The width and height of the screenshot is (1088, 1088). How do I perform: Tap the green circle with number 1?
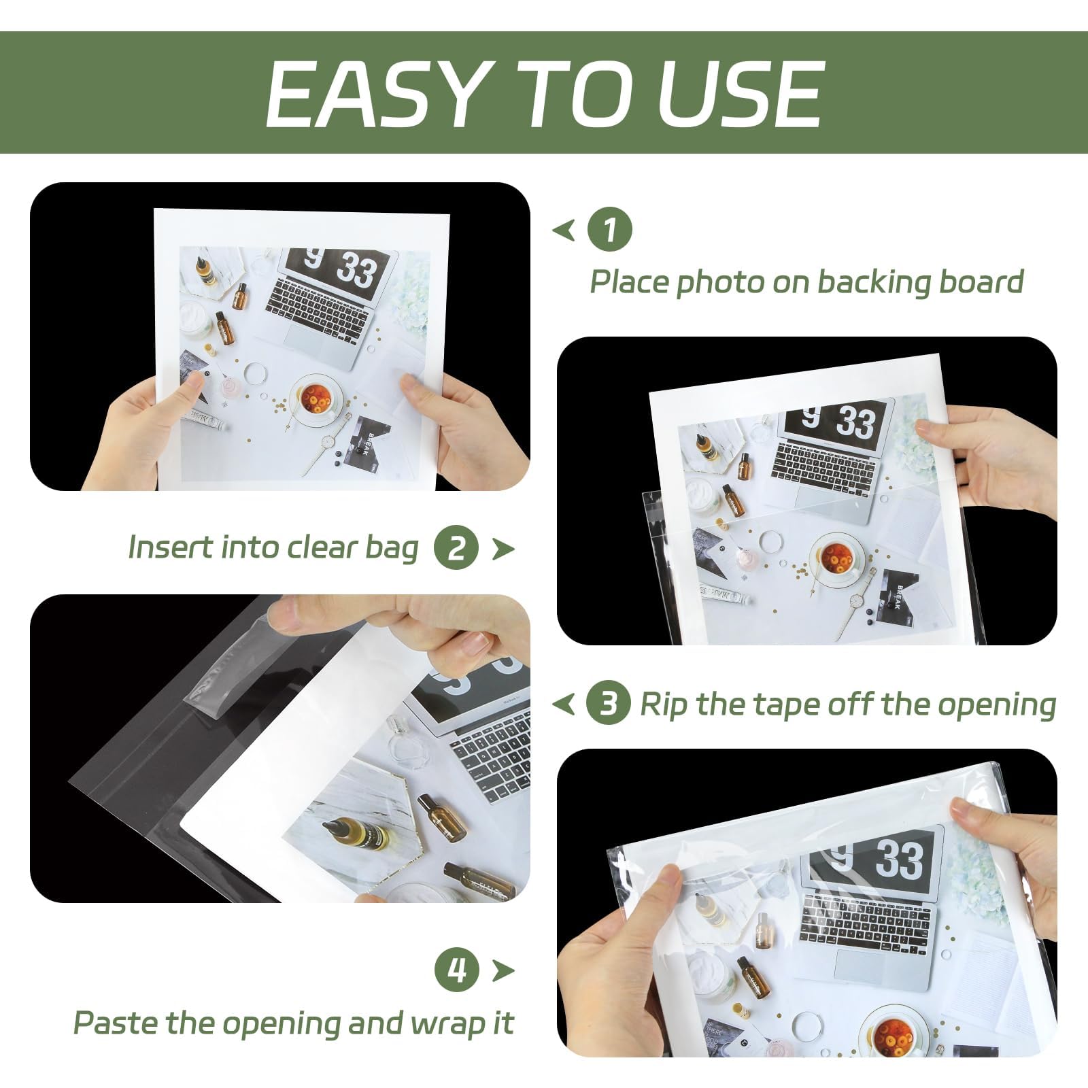609,229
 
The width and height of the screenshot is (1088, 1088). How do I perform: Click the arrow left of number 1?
564,230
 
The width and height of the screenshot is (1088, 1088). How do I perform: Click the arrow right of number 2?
503,548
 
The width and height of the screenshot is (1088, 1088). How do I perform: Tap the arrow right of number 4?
503,970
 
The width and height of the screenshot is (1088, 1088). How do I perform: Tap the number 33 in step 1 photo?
357,271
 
